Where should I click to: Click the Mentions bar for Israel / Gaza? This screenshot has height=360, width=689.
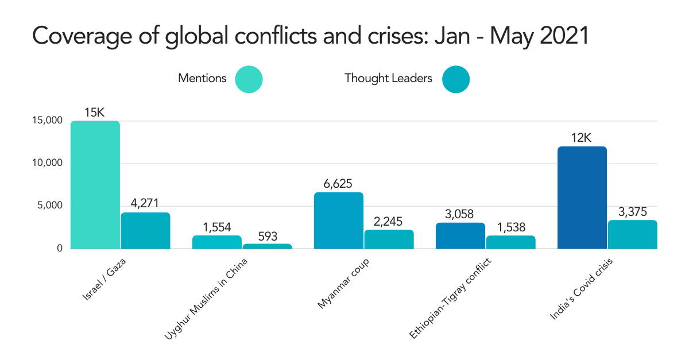(95, 185)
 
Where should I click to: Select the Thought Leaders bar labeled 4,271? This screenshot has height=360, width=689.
(145, 231)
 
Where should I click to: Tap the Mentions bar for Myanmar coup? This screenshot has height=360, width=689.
(339, 220)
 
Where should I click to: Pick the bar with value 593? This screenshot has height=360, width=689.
(267, 246)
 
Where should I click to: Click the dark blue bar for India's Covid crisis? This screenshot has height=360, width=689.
(582, 198)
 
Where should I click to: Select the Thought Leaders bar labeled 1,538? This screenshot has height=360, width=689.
(510, 242)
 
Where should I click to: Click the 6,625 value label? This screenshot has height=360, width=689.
(339, 184)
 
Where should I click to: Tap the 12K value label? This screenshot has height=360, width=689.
(582, 138)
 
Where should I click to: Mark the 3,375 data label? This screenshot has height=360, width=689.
(632, 212)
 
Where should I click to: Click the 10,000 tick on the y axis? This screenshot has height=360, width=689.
(47, 164)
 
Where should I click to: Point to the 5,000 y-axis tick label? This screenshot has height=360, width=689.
(49, 206)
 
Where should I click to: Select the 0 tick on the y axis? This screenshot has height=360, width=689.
(59, 249)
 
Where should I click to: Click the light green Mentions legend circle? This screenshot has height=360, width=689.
(249, 79)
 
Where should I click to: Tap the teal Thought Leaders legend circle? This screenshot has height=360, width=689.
(456, 79)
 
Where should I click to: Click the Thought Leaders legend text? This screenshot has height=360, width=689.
(388, 79)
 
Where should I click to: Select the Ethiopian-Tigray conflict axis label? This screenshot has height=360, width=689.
(451, 299)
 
